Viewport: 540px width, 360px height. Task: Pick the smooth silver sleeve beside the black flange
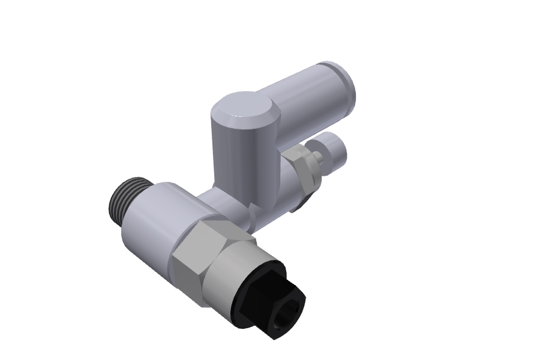231,273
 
